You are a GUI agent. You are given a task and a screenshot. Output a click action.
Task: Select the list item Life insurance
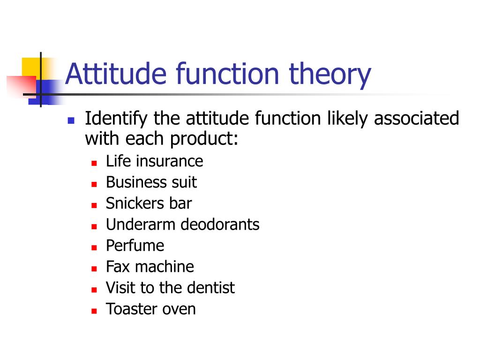click(x=154, y=161)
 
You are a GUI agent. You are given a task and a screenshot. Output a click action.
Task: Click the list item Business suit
click(x=151, y=182)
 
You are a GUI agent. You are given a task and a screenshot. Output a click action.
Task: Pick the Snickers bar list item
click(x=149, y=203)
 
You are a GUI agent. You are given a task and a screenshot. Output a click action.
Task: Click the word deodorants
click(x=220, y=225)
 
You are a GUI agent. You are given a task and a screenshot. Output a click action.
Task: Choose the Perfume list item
click(x=135, y=246)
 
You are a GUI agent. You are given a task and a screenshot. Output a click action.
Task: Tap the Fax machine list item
click(x=150, y=267)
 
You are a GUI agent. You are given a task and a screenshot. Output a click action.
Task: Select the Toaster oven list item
click(x=150, y=309)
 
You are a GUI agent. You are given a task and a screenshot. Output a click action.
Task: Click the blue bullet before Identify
click(x=71, y=120)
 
